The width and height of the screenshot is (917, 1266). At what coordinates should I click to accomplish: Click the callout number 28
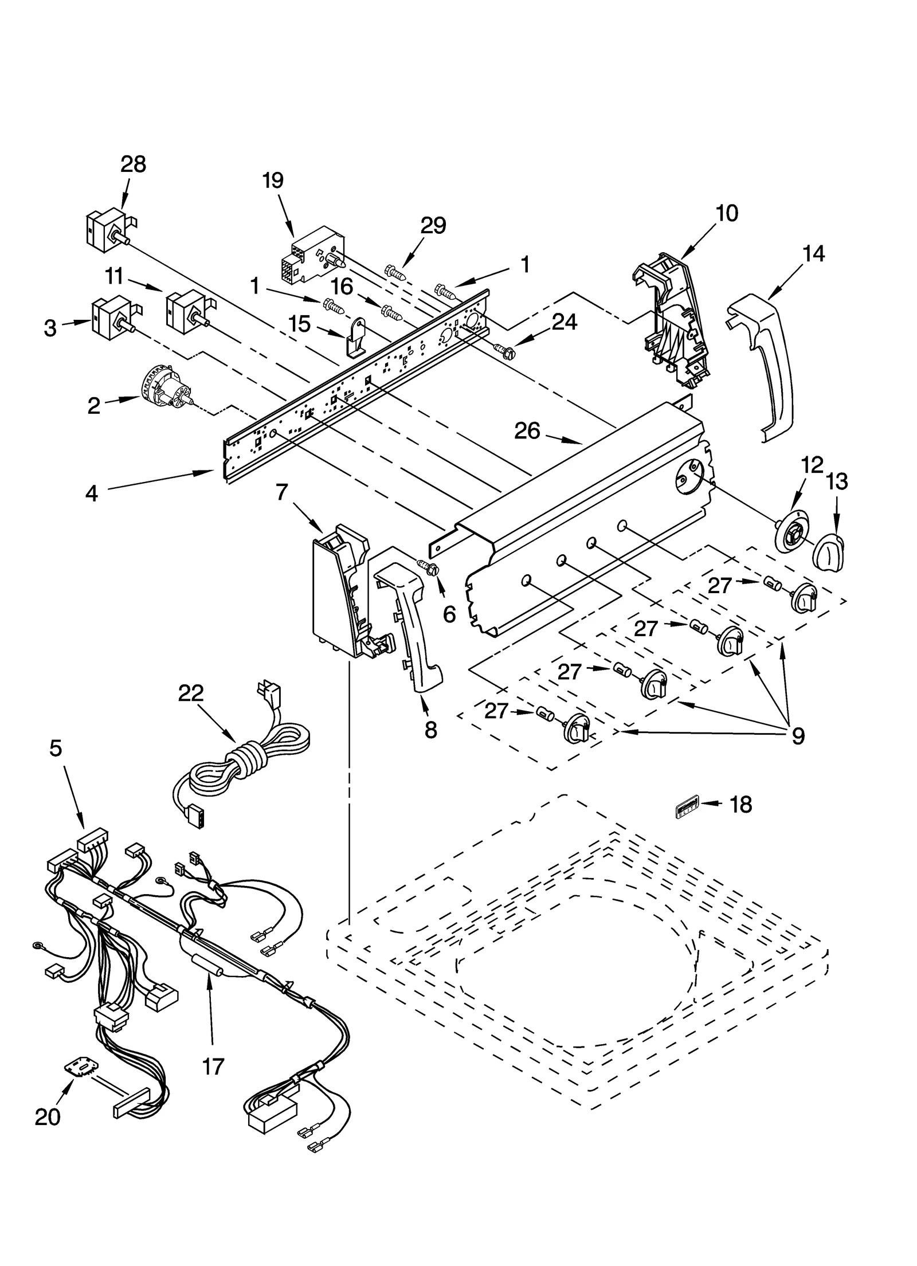pyautogui.click(x=133, y=165)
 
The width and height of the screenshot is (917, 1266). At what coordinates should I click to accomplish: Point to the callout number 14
pyautogui.click(x=814, y=253)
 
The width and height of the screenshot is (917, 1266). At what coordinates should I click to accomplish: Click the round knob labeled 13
pyautogui.click(x=828, y=552)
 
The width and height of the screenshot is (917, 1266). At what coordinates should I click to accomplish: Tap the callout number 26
pyautogui.click(x=527, y=430)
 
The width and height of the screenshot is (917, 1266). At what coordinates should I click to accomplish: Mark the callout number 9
pyautogui.click(x=798, y=735)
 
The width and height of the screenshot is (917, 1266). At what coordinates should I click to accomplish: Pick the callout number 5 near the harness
pyautogui.click(x=56, y=748)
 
